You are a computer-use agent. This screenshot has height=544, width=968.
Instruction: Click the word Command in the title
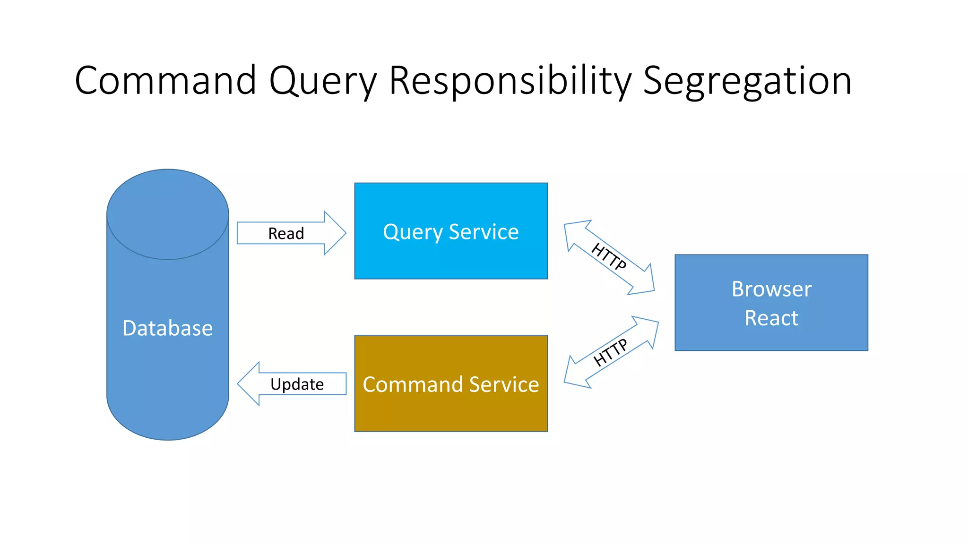tap(165, 80)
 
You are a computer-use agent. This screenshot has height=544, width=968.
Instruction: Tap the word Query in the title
tap(323, 81)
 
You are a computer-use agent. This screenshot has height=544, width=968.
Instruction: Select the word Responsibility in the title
tap(510, 81)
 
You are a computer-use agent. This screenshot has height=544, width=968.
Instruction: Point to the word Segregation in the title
tap(747, 81)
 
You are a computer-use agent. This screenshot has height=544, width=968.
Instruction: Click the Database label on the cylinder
tap(167, 328)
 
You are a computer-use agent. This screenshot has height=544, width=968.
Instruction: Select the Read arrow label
tap(286, 233)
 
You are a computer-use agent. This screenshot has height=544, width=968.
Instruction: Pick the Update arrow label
tap(297, 384)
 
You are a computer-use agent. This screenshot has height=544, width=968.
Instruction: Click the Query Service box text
tap(450, 231)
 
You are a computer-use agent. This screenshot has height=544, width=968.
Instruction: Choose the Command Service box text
tap(450, 384)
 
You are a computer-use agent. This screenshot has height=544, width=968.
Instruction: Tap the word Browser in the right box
tap(771, 289)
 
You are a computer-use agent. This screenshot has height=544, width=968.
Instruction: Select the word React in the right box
tap(771, 318)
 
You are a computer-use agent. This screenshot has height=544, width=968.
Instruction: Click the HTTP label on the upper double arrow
tap(609, 256)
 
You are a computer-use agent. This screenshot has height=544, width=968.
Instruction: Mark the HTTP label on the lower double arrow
tap(610, 352)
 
